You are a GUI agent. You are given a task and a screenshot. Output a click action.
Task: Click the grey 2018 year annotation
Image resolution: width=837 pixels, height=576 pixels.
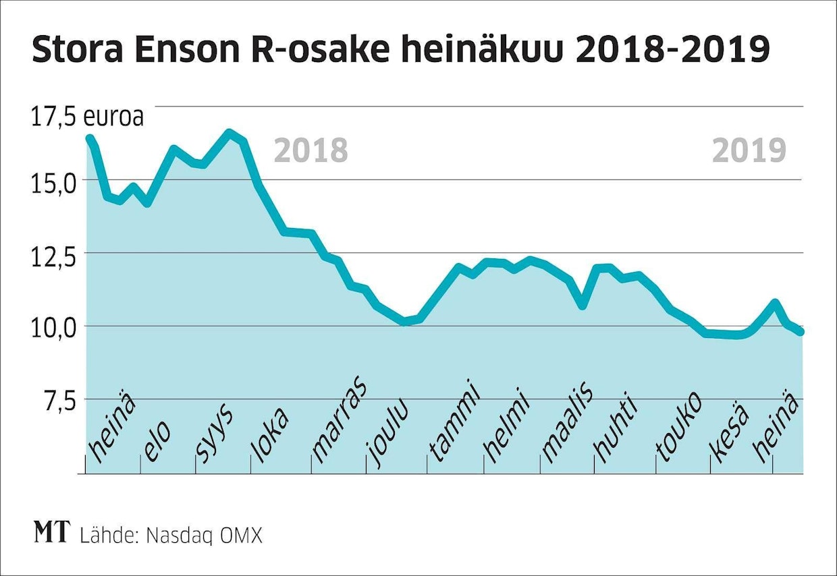click(310, 151)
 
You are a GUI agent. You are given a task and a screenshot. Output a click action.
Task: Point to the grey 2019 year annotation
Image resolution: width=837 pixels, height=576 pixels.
click(749, 151)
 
